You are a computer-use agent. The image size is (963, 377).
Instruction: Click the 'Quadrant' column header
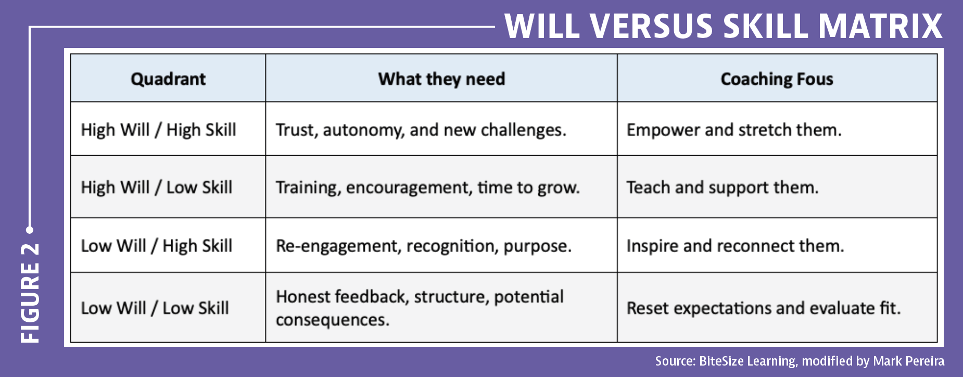[168, 79]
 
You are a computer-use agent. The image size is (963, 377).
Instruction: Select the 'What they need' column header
[441, 79]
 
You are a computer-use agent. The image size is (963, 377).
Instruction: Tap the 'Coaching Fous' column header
[777, 79]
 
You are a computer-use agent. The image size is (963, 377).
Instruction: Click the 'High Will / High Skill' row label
[158, 130]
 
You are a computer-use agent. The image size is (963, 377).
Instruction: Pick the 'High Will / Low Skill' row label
[156, 187]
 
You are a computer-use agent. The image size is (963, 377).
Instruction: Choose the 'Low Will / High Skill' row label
[156, 246]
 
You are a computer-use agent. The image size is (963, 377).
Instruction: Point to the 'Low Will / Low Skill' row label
[155, 308]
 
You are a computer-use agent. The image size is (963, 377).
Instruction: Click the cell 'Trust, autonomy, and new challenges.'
[421, 130]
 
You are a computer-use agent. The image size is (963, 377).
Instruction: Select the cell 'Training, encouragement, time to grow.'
[427, 187]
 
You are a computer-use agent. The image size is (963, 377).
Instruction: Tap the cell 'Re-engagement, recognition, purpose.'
[423, 246]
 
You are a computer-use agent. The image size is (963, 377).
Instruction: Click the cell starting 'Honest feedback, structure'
[420, 308]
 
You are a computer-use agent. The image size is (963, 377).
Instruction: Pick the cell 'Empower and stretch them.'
[734, 130]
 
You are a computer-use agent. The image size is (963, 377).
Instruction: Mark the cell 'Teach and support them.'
[723, 187]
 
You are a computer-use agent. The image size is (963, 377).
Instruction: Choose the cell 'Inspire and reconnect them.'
[735, 246]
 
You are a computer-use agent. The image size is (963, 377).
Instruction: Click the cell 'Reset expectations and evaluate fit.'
[763, 308]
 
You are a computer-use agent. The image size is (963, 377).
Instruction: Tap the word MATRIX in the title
[880, 26]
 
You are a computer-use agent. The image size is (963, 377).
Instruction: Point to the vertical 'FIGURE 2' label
[30, 293]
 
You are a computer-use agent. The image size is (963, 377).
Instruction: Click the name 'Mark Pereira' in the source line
[908, 361]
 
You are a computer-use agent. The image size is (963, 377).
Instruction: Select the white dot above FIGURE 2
[30, 230]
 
